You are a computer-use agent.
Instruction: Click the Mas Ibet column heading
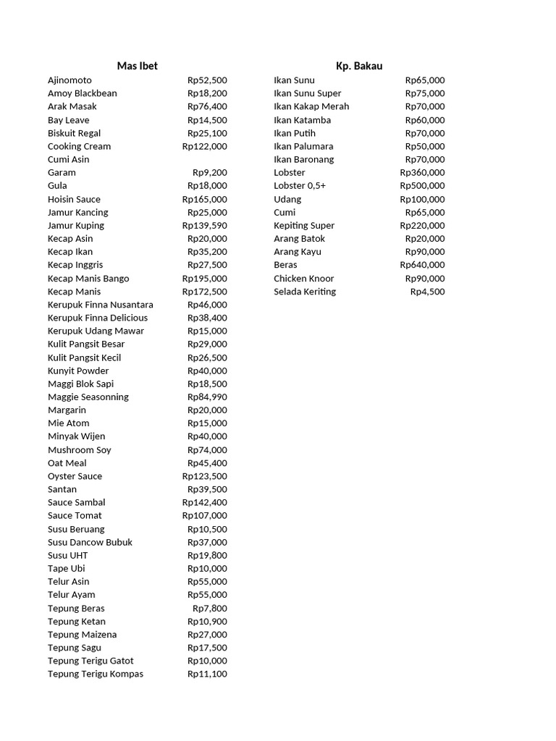click(x=137, y=66)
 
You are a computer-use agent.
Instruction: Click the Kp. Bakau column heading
click(x=359, y=66)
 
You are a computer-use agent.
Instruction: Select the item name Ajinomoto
click(x=69, y=80)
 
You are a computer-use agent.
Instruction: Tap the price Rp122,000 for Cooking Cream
click(x=204, y=146)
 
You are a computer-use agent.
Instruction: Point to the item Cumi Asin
click(x=69, y=159)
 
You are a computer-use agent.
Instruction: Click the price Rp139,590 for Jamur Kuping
click(x=204, y=226)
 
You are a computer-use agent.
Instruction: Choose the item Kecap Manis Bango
click(x=88, y=279)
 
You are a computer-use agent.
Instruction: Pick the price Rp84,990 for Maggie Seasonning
click(x=206, y=397)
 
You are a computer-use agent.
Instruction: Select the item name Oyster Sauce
click(x=75, y=476)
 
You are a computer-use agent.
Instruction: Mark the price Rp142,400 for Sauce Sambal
click(x=204, y=502)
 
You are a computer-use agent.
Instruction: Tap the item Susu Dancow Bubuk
click(x=90, y=542)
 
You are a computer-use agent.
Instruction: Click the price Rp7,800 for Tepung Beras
click(x=209, y=609)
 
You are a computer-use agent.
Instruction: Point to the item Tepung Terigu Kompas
click(x=96, y=674)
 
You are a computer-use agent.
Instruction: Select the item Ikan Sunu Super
click(x=307, y=93)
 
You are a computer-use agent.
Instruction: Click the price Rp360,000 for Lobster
click(x=422, y=173)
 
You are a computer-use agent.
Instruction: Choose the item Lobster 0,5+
click(x=300, y=186)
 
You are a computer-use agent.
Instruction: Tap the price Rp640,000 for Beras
click(x=422, y=265)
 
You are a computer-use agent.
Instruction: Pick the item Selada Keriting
click(x=305, y=292)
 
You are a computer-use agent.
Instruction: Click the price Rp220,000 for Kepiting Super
click(x=422, y=226)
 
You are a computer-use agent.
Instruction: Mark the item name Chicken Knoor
click(x=304, y=279)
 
